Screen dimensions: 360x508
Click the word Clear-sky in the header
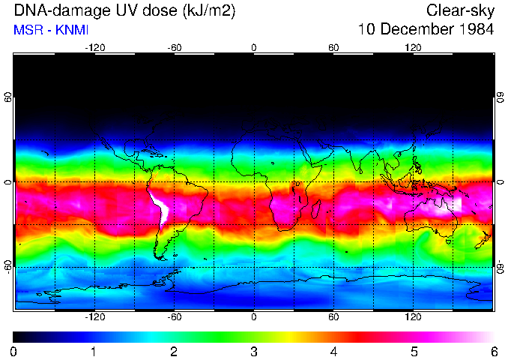pos(461,10)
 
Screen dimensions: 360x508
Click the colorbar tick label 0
pos(14,351)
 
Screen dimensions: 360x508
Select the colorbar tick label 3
pos(253,351)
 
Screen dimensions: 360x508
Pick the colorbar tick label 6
pos(493,351)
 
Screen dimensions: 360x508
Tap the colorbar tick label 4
pos(333,351)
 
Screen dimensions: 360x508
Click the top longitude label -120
pos(94,47)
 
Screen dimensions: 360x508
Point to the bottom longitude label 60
pos(333,317)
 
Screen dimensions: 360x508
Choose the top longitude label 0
pos(254,47)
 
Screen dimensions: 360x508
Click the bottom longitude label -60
pos(174,317)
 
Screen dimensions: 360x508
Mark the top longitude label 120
pos(413,47)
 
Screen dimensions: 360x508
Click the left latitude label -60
pos(7,266)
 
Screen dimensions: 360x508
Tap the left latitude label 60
pos(7,97)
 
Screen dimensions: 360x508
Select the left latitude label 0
pos(7,181)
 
